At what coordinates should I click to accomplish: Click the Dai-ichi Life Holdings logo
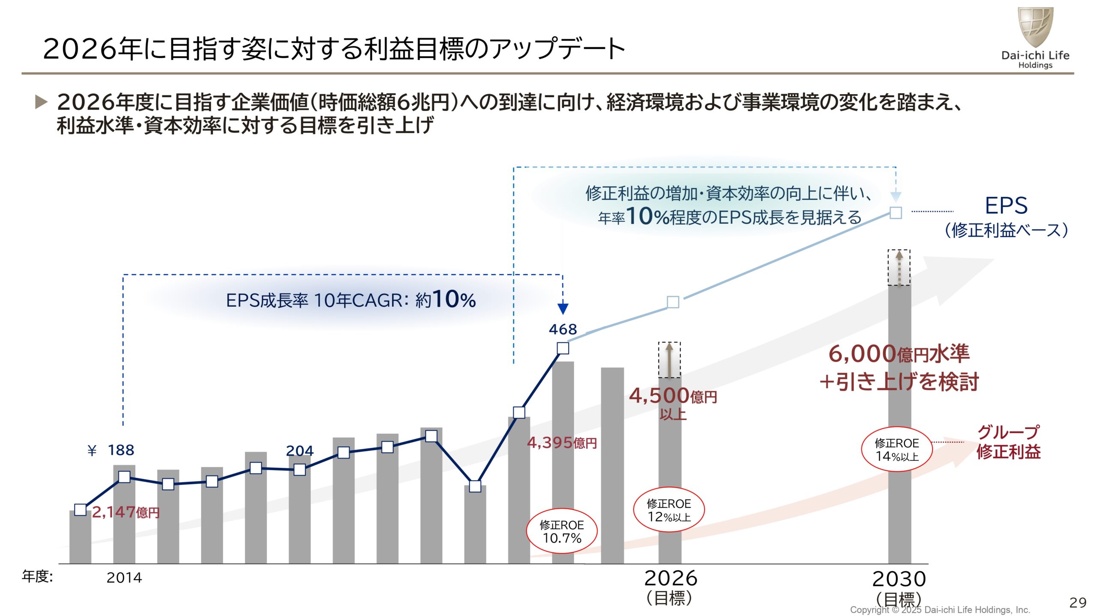(x=1035, y=38)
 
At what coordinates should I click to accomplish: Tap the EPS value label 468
(x=563, y=329)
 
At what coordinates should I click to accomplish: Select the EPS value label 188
(x=121, y=450)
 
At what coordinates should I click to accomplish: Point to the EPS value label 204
(x=299, y=450)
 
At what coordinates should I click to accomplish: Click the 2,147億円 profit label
(x=125, y=512)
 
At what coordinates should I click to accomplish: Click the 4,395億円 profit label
(x=562, y=442)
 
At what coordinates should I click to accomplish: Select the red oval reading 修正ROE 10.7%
(x=561, y=531)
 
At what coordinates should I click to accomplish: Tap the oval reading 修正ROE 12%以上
(x=669, y=509)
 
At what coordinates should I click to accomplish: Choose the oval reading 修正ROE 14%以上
(x=896, y=449)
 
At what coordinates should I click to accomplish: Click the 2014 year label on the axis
(x=124, y=577)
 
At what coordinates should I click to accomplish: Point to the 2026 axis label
(x=670, y=578)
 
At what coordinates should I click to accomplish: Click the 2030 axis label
(x=899, y=579)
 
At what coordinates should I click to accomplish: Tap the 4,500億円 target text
(x=673, y=396)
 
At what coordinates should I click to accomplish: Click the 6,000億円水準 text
(x=899, y=354)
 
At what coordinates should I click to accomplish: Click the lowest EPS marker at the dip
(x=475, y=486)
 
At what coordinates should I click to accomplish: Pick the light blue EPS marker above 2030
(x=896, y=213)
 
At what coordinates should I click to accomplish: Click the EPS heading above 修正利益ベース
(x=1006, y=205)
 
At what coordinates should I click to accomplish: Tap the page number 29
(x=1077, y=602)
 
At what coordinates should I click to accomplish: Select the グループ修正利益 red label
(x=1008, y=442)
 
